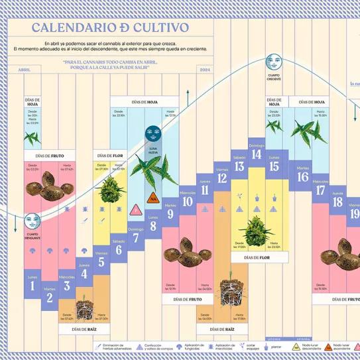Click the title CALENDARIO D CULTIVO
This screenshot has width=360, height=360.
(110, 28)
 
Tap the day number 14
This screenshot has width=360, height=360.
(257, 155)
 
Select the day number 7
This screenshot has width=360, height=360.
(136, 238)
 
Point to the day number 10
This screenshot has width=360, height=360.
(188, 202)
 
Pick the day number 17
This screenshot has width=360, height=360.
(320, 190)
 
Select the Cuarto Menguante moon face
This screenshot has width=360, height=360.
(31, 221)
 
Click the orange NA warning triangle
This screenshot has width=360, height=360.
(153, 198)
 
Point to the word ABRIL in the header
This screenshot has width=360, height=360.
(25, 69)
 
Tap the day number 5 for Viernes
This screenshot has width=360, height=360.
(101, 261)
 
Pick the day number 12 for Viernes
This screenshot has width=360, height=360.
(222, 178)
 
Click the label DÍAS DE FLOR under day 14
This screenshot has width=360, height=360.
(255, 257)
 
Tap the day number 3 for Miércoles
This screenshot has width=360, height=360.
(67, 286)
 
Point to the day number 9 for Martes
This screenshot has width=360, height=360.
(170, 213)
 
